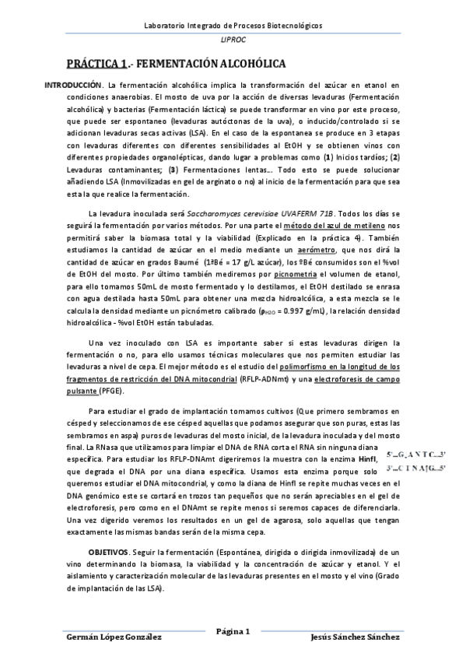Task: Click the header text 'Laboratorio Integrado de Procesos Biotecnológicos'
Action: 233,25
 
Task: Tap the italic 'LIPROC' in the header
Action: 233,40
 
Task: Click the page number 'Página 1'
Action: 233,631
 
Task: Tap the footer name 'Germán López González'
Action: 114,637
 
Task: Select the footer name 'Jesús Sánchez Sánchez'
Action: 354,637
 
